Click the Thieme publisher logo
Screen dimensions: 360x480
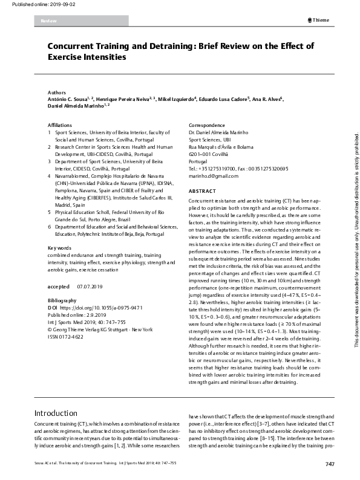click(x=318, y=20)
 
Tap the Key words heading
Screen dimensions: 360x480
click(x=60, y=265)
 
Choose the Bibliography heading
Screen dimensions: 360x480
click(x=62, y=300)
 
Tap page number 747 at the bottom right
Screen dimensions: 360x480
click(x=329, y=464)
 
